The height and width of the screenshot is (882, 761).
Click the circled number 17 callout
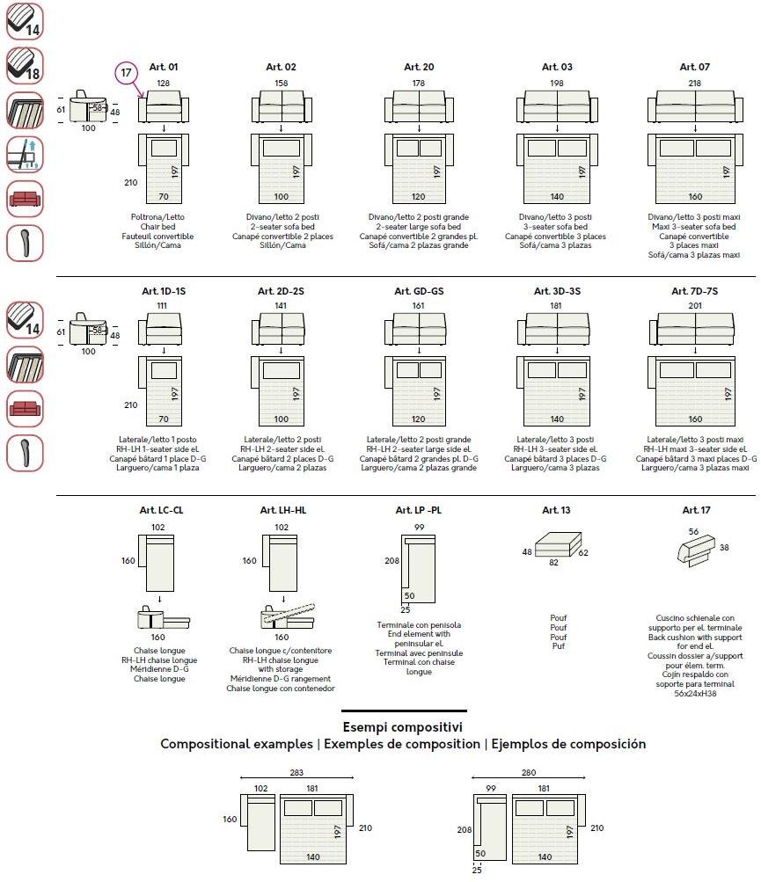[126, 75]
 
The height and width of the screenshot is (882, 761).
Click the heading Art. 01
[163, 67]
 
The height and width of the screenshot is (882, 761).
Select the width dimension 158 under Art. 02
[281, 83]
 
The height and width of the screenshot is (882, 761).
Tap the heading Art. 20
[419, 67]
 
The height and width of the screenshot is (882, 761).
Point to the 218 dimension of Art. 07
[694, 83]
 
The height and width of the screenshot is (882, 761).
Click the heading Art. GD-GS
[419, 291]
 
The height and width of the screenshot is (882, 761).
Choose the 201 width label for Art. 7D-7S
[694, 306]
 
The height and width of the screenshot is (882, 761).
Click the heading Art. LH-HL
[282, 510]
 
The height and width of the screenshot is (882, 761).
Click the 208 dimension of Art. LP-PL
[391, 560]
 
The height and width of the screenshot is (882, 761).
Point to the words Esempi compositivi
[403, 727]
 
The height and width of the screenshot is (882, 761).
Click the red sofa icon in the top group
[25, 198]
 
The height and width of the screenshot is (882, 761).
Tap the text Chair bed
[163, 227]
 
